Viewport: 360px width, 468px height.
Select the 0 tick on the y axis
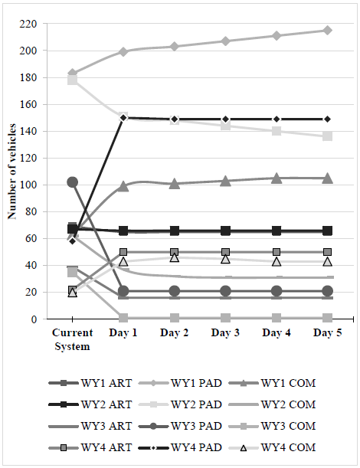pos(34,319)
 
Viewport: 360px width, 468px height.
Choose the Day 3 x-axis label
pos(225,333)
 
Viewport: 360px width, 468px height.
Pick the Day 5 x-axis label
pos(327,333)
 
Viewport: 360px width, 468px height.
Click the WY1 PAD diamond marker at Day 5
pos(327,31)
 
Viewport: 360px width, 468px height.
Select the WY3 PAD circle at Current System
pos(72,182)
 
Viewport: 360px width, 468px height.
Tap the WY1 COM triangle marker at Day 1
pos(123,186)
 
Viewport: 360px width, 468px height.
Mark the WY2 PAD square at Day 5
pos(327,136)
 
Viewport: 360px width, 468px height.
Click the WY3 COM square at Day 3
pos(225,317)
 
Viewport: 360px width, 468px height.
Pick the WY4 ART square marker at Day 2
pos(174,252)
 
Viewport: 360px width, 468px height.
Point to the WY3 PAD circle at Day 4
pos(277,291)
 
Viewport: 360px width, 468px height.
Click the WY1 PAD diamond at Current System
pos(72,74)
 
